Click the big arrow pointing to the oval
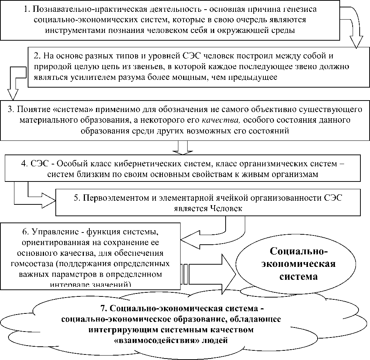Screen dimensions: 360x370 tap(210, 273)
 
